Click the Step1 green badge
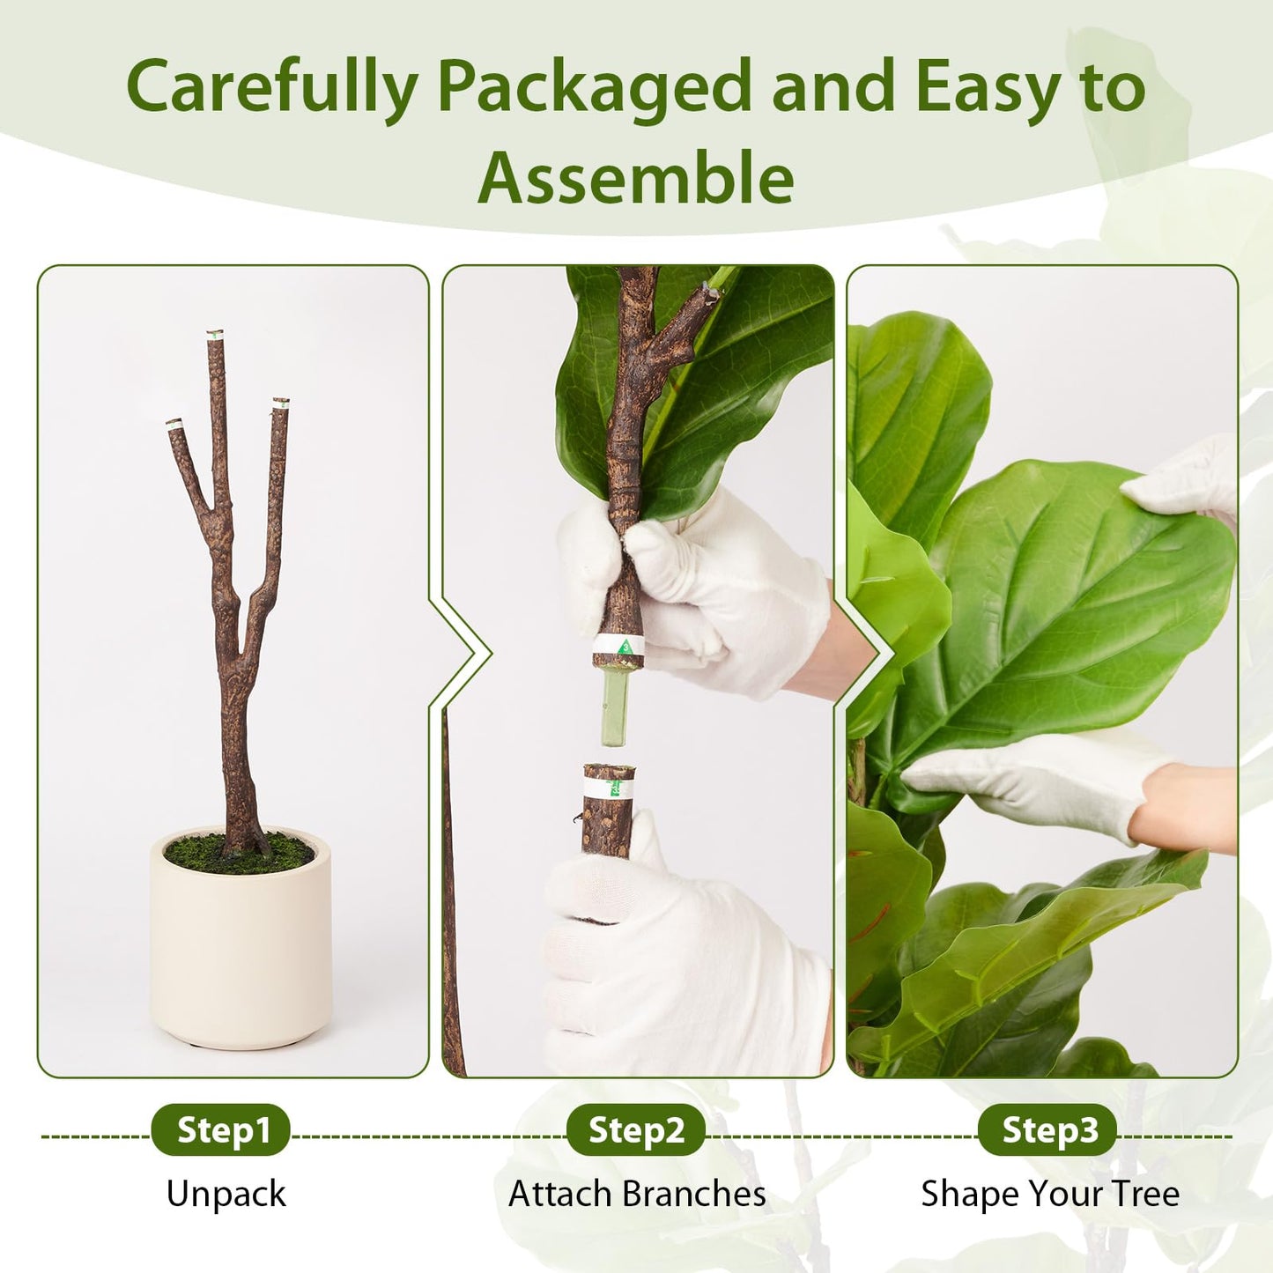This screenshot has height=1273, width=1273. [220, 1129]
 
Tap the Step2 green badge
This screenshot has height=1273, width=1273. [635, 1129]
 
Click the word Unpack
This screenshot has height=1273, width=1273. [226, 1195]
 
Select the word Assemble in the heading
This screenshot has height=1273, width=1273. [636, 178]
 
